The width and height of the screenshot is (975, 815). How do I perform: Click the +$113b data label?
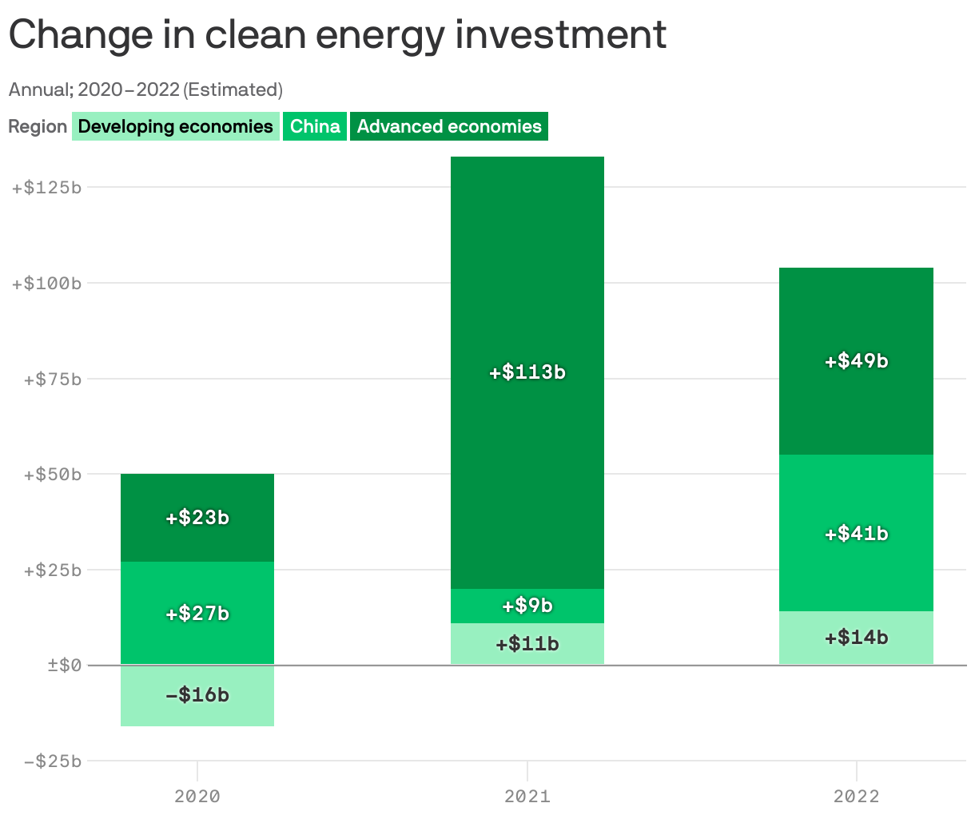coord(527,372)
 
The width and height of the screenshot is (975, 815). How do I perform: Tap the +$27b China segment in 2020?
coord(197,613)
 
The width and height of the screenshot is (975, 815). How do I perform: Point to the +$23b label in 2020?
coord(197,518)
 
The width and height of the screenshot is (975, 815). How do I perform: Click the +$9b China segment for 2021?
coord(527,606)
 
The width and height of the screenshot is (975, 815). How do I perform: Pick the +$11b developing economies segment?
coord(527,644)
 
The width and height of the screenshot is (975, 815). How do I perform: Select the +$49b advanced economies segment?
coord(856,361)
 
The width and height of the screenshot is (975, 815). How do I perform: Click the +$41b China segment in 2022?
coord(856,533)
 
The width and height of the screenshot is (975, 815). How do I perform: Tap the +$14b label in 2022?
coord(856,638)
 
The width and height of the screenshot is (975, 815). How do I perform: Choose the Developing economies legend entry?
coord(176,126)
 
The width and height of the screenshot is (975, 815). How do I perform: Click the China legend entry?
coord(315,126)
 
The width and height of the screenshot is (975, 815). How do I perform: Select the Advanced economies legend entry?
coord(449,126)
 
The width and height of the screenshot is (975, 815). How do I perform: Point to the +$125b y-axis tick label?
coord(46,188)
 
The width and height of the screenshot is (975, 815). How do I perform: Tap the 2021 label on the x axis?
coord(527,796)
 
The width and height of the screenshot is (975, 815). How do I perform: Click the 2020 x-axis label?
coord(197,796)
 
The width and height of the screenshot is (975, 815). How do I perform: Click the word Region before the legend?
coord(38,127)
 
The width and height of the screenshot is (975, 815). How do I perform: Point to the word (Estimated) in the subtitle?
coord(233,89)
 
